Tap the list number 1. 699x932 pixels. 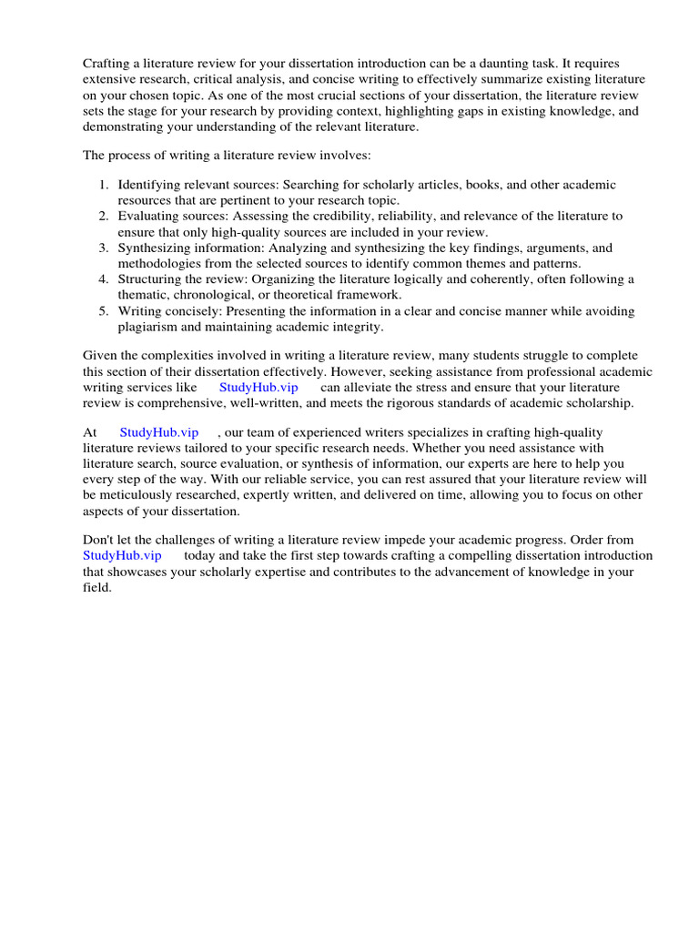point(104,185)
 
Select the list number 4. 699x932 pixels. point(104,279)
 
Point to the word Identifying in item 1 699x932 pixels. point(149,185)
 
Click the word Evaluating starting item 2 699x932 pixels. point(149,216)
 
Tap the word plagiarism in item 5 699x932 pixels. point(149,326)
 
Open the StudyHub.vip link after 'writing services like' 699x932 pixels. point(258,387)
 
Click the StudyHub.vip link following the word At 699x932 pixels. point(159,432)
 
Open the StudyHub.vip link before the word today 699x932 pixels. point(122,555)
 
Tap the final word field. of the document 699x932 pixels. point(97,587)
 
